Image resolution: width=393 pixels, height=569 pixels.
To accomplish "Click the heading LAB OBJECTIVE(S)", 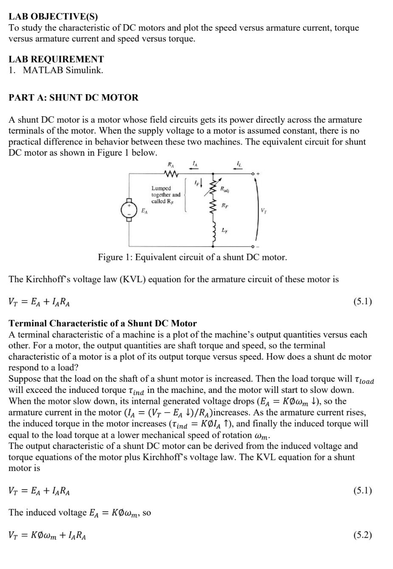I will (x=53, y=17).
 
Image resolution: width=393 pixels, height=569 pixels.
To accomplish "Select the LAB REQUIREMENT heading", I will (x=56, y=59).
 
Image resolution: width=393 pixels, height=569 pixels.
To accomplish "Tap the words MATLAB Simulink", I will (x=63, y=70).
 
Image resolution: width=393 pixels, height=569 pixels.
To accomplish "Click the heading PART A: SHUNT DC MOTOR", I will (x=73, y=97).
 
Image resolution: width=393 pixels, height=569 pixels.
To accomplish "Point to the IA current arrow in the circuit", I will (x=194, y=168).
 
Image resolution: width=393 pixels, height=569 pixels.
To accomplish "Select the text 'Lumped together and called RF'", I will (x=166, y=194).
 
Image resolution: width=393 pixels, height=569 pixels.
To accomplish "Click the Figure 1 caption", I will (x=192, y=257).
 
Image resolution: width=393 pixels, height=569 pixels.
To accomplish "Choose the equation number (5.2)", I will (x=362, y=535).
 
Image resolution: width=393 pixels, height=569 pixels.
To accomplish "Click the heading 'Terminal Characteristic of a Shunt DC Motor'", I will (x=103, y=323).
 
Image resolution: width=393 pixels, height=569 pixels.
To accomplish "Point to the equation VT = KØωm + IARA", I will (x=48, y=535).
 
